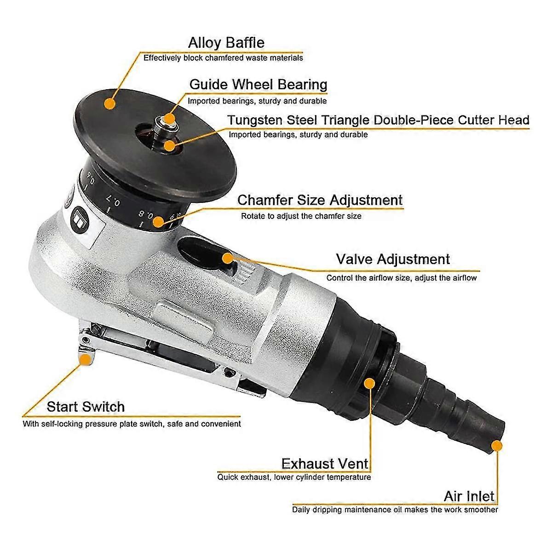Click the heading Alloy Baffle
pyautogui.click(x=226, y=43)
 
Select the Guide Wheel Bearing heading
pyautogui.click(x=258, y=85)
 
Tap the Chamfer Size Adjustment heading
pyautogui.click(x=320, y=200)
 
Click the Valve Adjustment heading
pyautogui.click(x=392, y=259)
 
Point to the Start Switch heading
pyautogui.click(x=86, y=407)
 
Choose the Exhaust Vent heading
pyautogui.click(x=325, y=463)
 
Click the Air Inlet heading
pyautogui.click(x=469, y=496)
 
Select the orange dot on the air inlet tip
pyautogui.click(x=496, y=445)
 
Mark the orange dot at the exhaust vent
pyautogui.click(x=369, y=383)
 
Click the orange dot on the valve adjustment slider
pyautogui.click(x=228, y=258)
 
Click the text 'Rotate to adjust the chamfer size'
pyautogui.click(x=301, y=216)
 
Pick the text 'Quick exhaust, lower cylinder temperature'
pyautogui.click(x=294, y=477)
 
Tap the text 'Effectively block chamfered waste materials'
pyautogui.click(x=223, y=58)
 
